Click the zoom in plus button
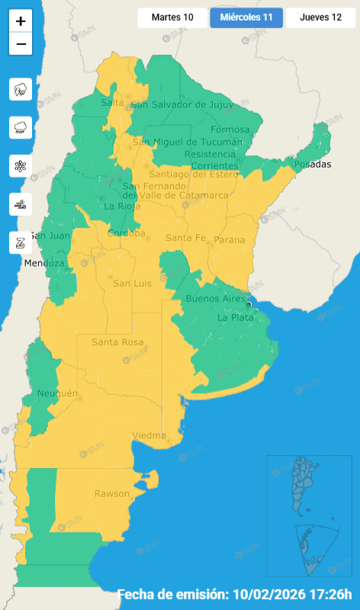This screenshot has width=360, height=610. tap(21, 21)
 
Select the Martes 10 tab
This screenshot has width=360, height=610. tap(172, 18)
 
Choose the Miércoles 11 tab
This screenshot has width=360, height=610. tap(246, 18)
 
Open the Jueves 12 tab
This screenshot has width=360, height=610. tap(320, 18)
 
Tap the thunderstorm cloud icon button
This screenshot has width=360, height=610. tap(21, 89)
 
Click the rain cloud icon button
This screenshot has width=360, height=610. tap(21, 128)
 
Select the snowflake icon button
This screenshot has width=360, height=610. tap(21, 166)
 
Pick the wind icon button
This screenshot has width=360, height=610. tap(21, 204)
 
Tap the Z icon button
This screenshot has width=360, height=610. tap(21, 242)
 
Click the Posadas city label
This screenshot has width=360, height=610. tap(313, 164)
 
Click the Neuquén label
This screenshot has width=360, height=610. tap(58, 393)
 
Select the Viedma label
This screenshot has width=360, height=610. tap(149, 435)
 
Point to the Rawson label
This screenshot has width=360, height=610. tap(111, 493)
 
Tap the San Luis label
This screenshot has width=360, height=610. tap(129, 284)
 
